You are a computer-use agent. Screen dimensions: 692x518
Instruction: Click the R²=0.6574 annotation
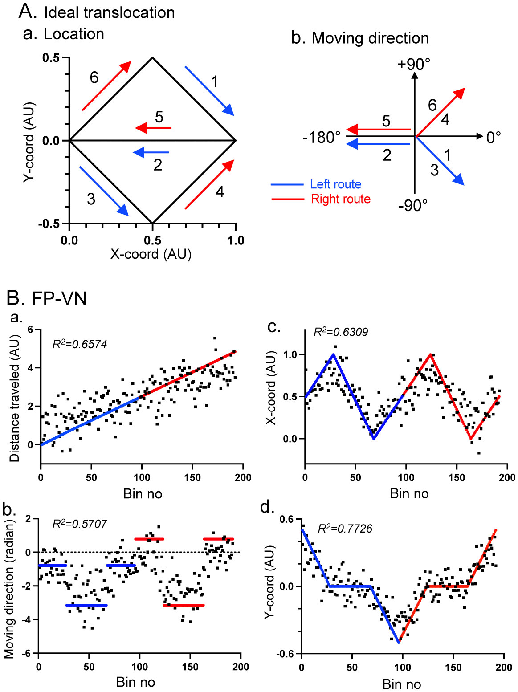pyautogui.click(x=80, y=344)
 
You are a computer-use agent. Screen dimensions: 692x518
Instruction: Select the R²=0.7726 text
pyautogui.click(x=345, y=529)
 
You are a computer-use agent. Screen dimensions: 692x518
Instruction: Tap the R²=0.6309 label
pyautogui.click(x=341, y=332)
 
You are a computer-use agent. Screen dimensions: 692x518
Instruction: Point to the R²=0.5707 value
pyautogui.click(x=80, y=524)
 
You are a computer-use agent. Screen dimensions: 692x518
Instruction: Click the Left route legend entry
pyautogui.click(x=335, y=184)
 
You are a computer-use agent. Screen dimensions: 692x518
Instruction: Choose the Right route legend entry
pyautogui.click(x=340, y=199)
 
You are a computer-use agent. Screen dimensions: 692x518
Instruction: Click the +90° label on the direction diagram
pyautogui.click(x=414, y=65)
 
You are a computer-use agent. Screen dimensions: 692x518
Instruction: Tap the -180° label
pyautogui.click(x=322, y=138)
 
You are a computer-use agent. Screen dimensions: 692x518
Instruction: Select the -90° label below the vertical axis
pyautogui.click(x=413, y=205)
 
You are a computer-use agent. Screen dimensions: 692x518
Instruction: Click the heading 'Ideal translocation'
pyautogui.click(x=109, y=12)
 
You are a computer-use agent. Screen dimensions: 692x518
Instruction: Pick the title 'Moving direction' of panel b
pyautogui.click(x=370, y=38)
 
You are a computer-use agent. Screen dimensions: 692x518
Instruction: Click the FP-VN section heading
pyautogui.click(x=59, y=298)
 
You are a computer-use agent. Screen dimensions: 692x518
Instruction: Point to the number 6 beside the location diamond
pyautogui.click(x=94, y=77)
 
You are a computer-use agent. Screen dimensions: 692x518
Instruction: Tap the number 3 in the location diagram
pyautogui.click(x=91, y=199)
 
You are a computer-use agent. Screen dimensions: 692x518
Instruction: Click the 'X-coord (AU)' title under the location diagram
pyautogui.click(x=151, y=254)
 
